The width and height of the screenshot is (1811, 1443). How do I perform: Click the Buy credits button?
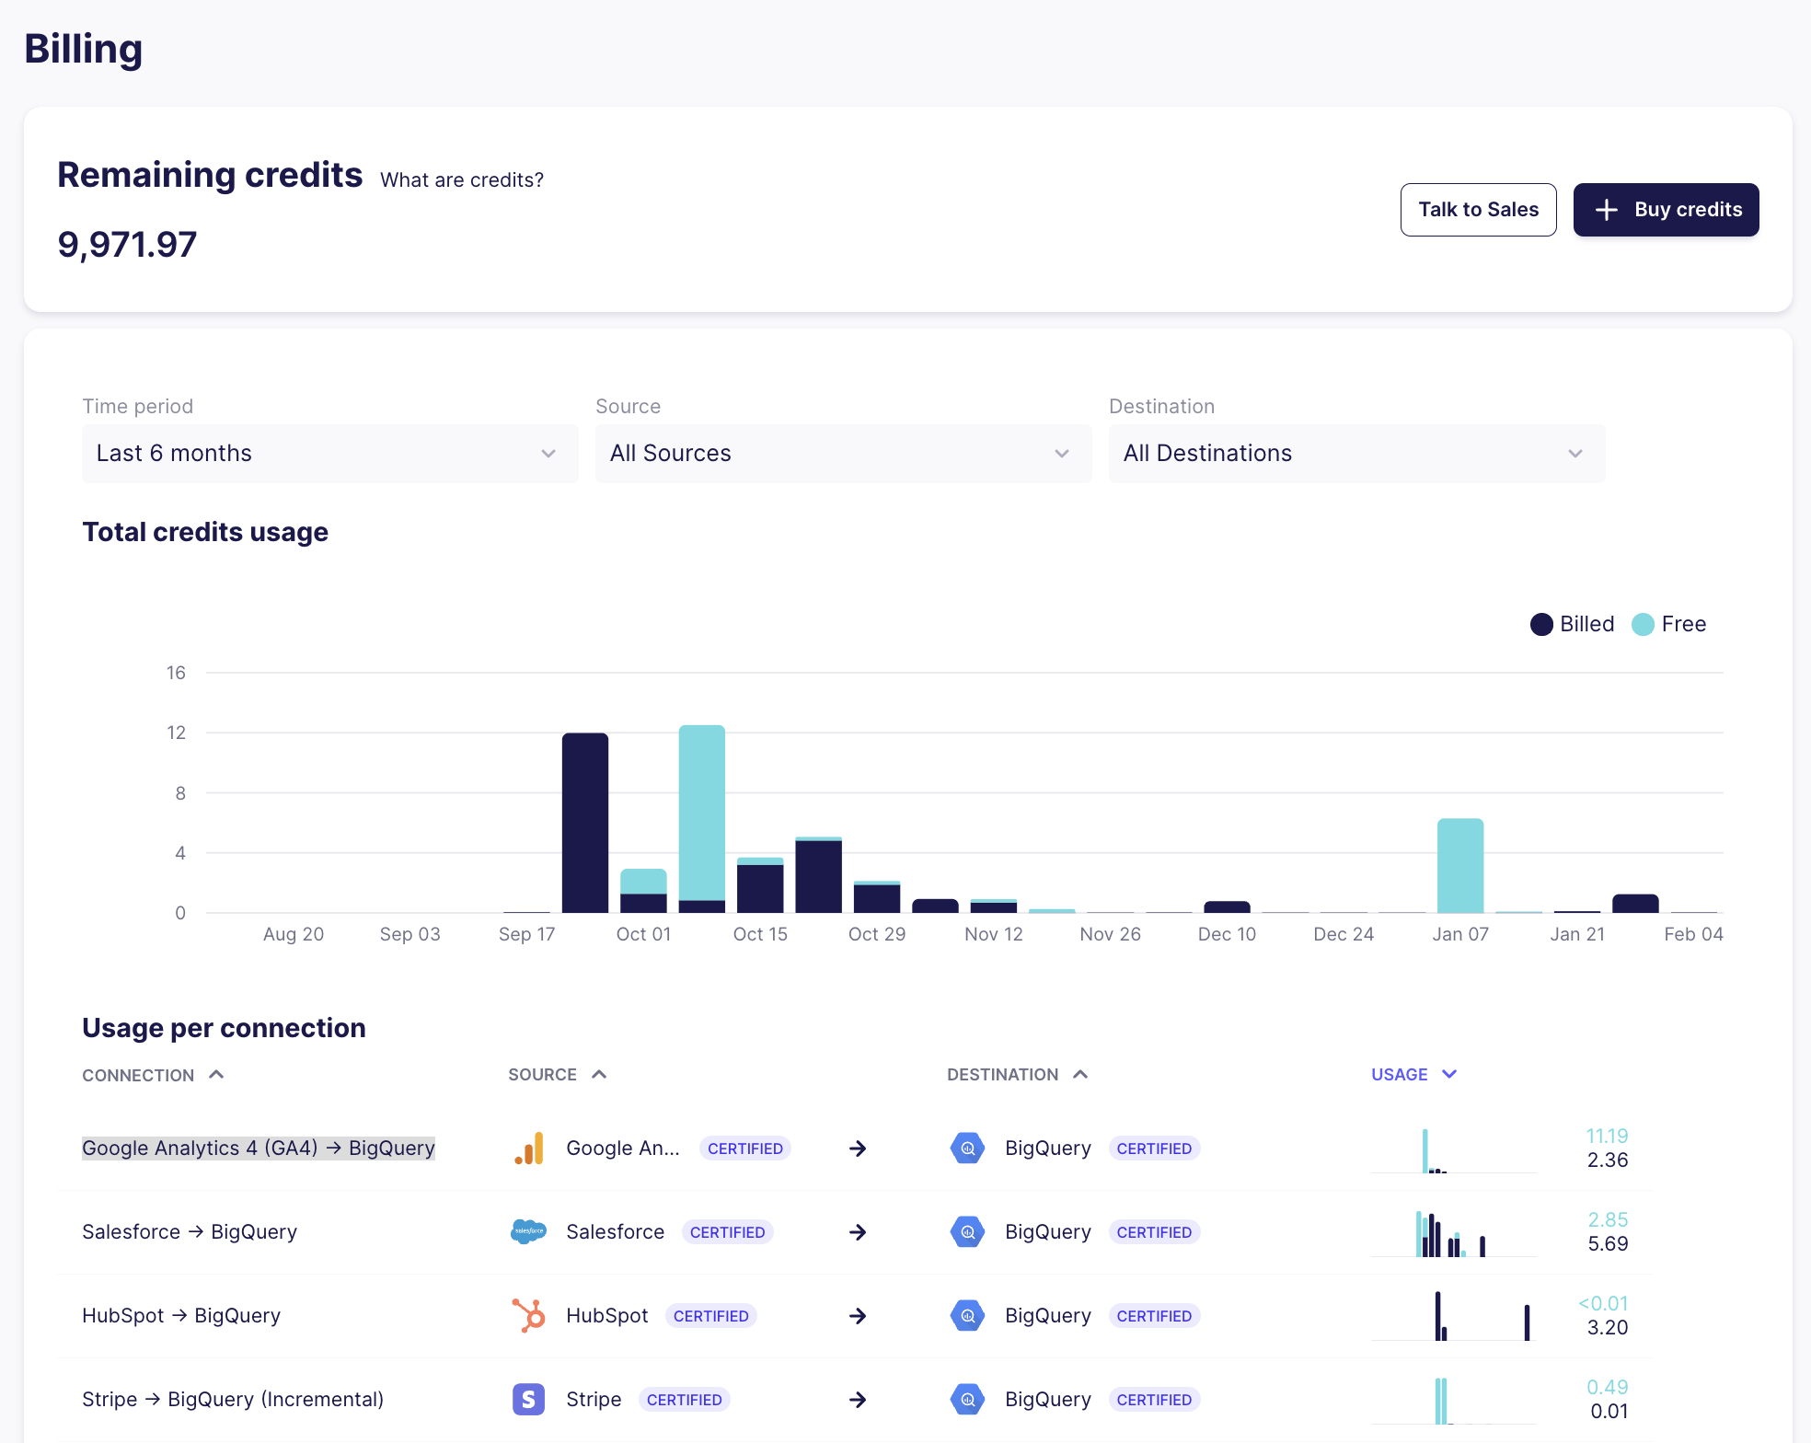coord(1666,210)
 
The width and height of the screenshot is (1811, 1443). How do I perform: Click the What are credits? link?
coord(462,180)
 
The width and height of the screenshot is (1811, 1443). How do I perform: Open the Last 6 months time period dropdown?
coord(329,454)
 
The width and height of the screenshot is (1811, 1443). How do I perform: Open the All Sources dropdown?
coord(843,454)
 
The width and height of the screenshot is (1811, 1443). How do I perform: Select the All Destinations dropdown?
coord(1356,454)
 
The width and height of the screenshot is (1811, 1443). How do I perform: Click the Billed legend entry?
coord(1573,624)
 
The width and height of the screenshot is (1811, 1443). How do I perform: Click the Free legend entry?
coord(1669,624)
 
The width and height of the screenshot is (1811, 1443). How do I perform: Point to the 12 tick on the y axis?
coord(176,733)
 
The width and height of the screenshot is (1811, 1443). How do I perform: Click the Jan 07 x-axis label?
coord(1460,934)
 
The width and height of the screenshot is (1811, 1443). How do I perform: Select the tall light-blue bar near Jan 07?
coord(1460,865)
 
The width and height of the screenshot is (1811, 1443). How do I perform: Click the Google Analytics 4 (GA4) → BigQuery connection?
coord(259,1149)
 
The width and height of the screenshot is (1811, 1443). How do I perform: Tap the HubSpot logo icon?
coord(528,1316)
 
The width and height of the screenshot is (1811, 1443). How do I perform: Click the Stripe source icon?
coord(528,1400)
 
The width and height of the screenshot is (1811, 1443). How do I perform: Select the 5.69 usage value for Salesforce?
coord(1608,1244)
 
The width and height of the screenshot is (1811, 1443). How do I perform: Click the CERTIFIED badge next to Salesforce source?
coord(727,1232)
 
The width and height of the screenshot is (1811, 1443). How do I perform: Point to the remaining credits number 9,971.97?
coord(127,245)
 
